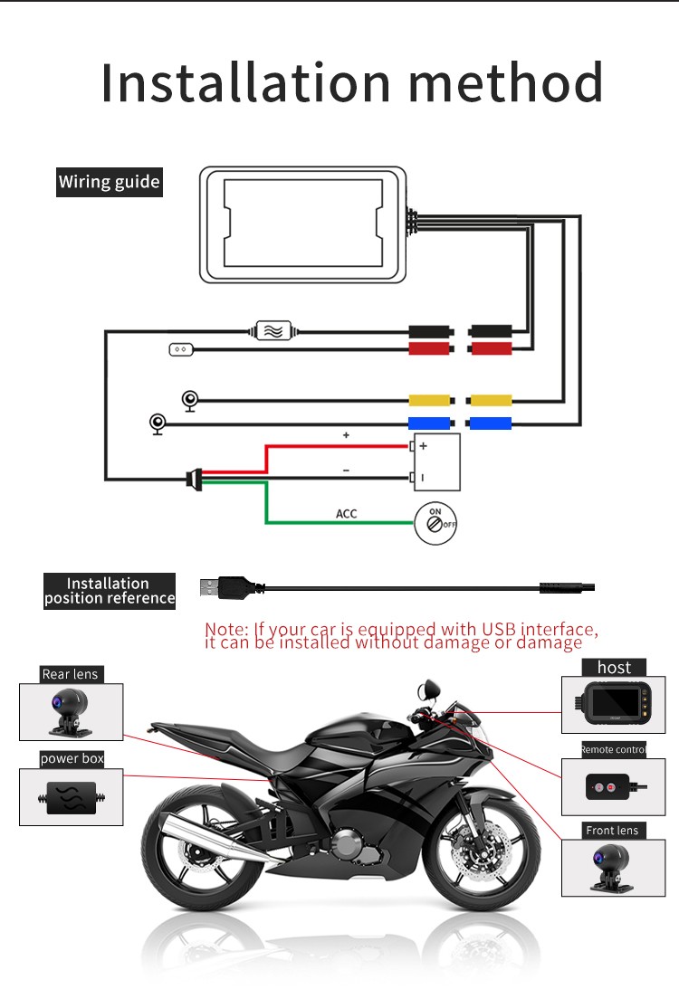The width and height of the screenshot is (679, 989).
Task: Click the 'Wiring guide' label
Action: pos(110,182)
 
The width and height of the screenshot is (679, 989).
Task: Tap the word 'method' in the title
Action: pos(505,82)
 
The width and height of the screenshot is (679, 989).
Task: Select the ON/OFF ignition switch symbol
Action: pos(435,524)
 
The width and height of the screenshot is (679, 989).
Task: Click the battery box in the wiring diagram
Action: pos(436,462)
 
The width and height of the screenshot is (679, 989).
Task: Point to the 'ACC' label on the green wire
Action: pos(347,513)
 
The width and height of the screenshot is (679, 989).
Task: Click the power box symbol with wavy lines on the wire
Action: pos(273,330)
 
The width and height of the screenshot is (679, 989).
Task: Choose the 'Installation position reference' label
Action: pos(110,591)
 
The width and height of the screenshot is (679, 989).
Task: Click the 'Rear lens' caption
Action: pos(70,674)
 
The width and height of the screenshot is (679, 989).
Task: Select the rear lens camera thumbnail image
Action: pos(72,712)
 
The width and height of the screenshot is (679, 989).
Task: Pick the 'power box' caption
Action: pos(72,759)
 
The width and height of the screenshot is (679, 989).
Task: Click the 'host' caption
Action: pos(614,667)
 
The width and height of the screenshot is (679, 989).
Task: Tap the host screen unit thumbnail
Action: pos(614,705)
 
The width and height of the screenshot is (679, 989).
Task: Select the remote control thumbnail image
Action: pos(614,787)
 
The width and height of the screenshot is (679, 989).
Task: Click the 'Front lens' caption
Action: pos(612,831)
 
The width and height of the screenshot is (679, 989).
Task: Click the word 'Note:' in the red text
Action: pos(226,630)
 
